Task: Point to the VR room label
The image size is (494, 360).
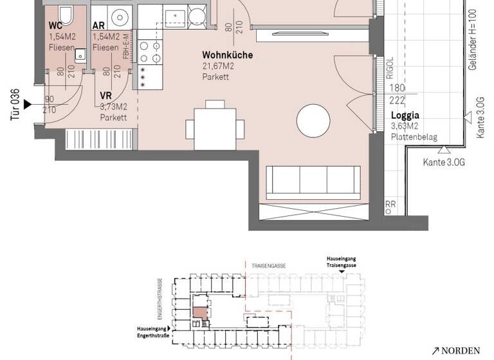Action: pos(106,95)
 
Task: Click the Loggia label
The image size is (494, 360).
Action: pos(405,116)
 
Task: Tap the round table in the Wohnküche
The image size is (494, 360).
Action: pos(315,120)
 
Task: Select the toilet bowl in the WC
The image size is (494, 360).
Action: pos(65,14)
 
